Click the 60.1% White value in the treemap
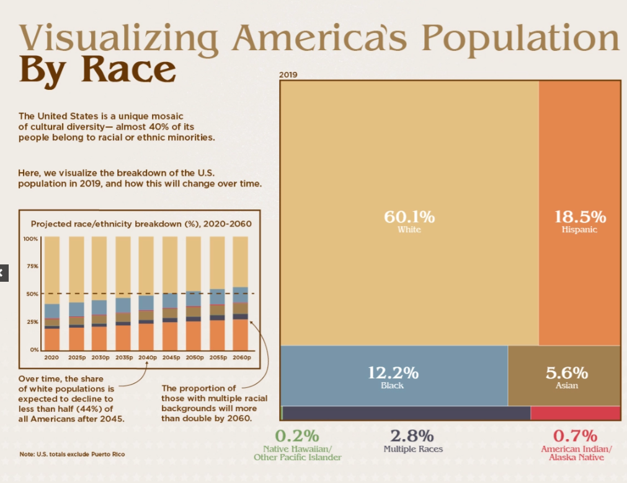pyautogui.click(x=409, y=217)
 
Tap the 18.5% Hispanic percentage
pyautogui.click(x=579, y=217)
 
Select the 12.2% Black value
pyautogui.click(x=393, y=373)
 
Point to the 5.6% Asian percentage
pyautogui.click(x=566, y=373)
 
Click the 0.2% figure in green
pyautogui.click(x=297, y=435)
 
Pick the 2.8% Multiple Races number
pyautogui.click(x=412, y=435)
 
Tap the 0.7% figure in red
pyautogui.click(x=576, y=435)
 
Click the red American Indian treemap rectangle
pyautogui.click(x=575, y=413)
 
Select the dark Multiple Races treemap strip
pyautogui.click(x=406, y=413)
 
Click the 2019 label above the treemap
pyautogui.click(x=288, y=75)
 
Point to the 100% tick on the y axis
pyautogui.click(x=30, y=238)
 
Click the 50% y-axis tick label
pyautogui.click(x=32, y=294)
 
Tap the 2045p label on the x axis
pyautogui.click(x=171, y=358)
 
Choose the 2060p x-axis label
pyautogui.click(x=241, y=358)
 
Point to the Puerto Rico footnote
pyautogui.click(x=72, y=455)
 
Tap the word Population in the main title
pyautogui.click(x=520, y=38)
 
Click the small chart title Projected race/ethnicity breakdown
pyautogui.click(x=141, y=224)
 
